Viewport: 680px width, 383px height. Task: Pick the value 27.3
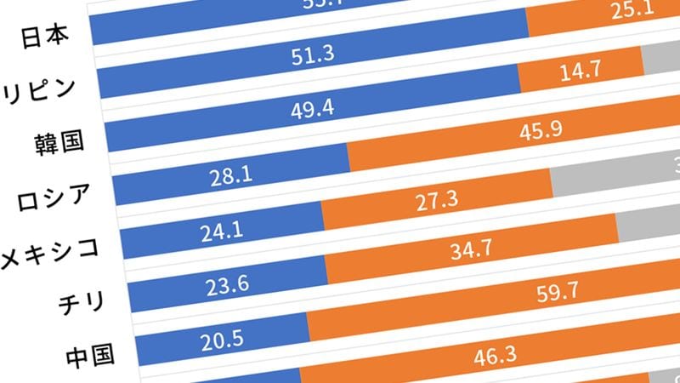[438, 200]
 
